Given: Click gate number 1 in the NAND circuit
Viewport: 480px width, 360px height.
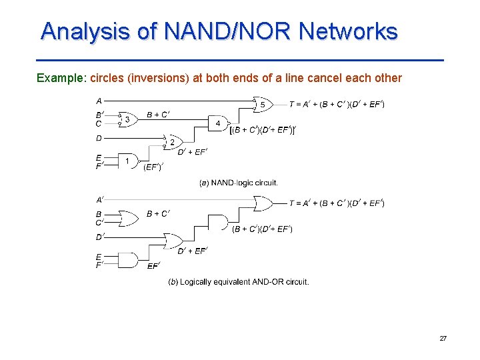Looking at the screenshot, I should (127, 161).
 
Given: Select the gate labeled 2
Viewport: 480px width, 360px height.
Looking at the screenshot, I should (173, 142).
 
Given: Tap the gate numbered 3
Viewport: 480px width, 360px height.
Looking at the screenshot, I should (127, 119).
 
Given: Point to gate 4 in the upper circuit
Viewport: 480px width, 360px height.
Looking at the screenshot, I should (218, 123).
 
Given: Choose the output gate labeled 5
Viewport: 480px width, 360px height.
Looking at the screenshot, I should (263, 105).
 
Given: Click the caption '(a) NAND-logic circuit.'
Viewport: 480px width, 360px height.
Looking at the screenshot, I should (238, 183).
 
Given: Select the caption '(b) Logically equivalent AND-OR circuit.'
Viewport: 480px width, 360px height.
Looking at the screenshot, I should (238, 282).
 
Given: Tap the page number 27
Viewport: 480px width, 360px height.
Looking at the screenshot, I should (443, 339).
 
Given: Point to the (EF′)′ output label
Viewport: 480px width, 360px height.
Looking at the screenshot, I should (153, 167).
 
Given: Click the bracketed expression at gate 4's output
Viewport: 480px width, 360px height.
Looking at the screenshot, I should (262, 130).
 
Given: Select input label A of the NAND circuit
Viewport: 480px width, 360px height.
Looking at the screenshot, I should (99, 101).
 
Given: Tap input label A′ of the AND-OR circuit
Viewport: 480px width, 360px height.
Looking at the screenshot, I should (100, 199).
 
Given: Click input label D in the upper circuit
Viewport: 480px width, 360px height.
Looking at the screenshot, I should (99, 139).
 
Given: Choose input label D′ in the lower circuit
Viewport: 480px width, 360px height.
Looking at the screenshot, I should (100, 237).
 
